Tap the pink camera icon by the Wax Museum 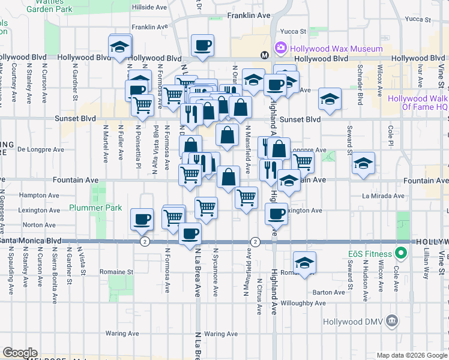pyautogui.click(x=280, y=47)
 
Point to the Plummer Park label pyautogui.click(x=95, y=208)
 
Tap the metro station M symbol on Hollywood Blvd pyautogui.click(x=264, y=55)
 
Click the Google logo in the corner pyautogui.click(x=20, y=353)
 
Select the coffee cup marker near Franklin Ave pyautogui.click(x=202, y=45)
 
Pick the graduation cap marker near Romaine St pyautogui.click(x=305, y=262)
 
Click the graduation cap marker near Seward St pyautogui.click(x=363, y=163)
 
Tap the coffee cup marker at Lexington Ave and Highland pyautogui.click(x=276, y=213)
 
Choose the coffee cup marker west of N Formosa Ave pyautogui.click(x=142, y=219)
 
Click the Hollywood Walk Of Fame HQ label pyautogui.click(x=417, y=103)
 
